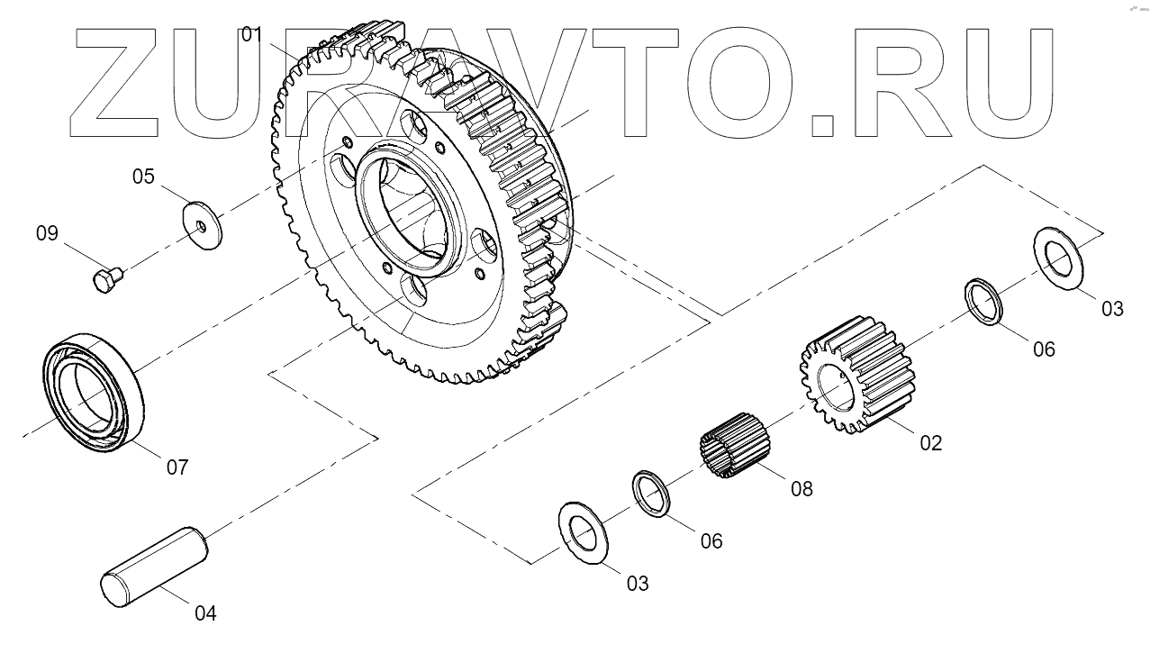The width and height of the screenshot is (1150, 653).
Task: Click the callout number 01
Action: (x=250, y=35)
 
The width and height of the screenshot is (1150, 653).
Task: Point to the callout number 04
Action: (x=205, y=613)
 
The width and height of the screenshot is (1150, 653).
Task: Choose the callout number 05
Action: (x=144, y=177)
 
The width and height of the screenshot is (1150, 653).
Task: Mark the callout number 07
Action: (x=177, y=467)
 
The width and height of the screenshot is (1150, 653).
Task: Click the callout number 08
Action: (x=801, y=489)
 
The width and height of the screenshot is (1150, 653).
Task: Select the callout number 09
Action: (x=47, y=234)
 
